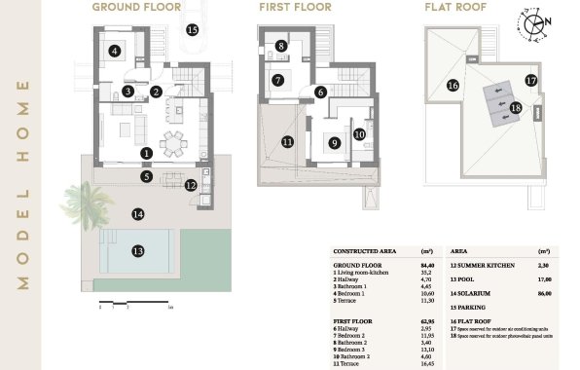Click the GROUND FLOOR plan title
[136, 7]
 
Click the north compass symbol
[534, 21]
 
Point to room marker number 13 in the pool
[138, 250]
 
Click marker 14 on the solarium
[138, 213]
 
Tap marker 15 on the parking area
[192, 30]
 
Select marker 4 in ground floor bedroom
[115, 52]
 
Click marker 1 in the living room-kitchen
[146, 153]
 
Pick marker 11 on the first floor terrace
[287, 141]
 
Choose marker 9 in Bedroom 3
[334, 143]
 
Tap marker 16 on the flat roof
[453, 85]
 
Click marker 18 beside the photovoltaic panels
[516, 107]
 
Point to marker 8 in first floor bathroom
[280, 46]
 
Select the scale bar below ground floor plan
[136, 306]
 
